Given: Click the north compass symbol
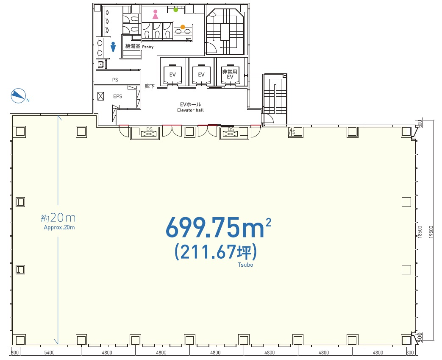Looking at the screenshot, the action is click(x=19, y=96).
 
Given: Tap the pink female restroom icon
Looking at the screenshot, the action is click(x=156, y=14).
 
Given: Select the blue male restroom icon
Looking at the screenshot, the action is click(x=113, y=47).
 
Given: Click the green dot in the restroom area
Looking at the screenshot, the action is click(x=175, y=10).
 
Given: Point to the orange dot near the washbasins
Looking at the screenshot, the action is click(x=183, y=27).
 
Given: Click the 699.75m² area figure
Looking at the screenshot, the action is click(x=219, y=227).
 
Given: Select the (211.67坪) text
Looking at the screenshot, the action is click(x=216, y=252).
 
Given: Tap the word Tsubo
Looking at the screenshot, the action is click(x=245, y=265).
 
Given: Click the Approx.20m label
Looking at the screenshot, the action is click(x=59, y=227).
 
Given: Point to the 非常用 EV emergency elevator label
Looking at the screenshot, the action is click(x=230, y=74).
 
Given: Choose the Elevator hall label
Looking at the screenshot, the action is click(x=190, y=110).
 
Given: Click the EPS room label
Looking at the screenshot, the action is click(x=117, y=97).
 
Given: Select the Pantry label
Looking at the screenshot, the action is click(x=148, y=47).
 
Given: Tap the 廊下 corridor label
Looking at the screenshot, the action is click(x=150, y=86).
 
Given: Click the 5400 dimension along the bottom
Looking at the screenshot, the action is click(x=49, y=352).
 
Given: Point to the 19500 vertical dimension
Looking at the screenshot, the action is click(x=431, y=232).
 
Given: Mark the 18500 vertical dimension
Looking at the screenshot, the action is click(x=420, y=232).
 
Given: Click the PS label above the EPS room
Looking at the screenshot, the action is click(x=115, y=80).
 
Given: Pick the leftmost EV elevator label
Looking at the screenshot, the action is click(x=172, y=75).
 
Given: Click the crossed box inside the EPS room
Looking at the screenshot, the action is click(x=100, y=97).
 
